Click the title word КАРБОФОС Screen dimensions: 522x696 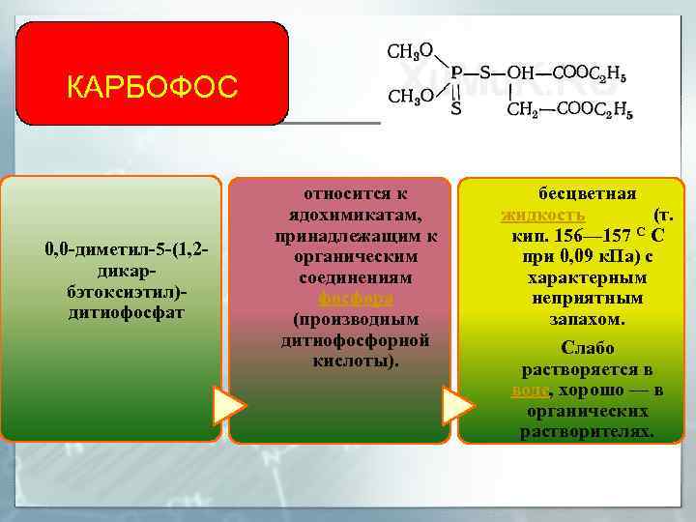152,88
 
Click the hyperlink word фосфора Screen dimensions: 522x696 341,298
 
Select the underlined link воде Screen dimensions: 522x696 531,391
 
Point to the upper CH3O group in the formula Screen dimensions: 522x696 410,50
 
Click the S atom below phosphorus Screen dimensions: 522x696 455,109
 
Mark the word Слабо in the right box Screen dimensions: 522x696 587,348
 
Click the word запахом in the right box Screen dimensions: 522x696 587,318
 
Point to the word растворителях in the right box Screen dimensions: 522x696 587,432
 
